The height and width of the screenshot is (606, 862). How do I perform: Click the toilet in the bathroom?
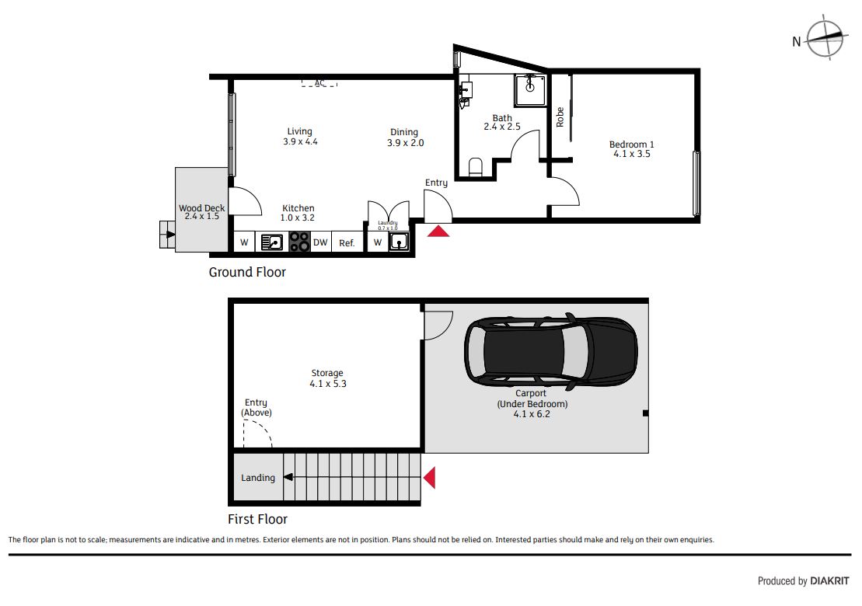475,167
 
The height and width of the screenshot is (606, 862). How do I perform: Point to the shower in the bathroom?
530,90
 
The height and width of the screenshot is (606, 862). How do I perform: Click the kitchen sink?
271,242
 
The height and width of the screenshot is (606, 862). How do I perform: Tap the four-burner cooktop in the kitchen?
299,242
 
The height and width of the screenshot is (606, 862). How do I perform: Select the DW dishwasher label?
320,242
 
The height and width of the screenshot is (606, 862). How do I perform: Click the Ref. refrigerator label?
347,243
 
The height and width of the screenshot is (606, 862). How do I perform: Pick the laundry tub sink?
399,242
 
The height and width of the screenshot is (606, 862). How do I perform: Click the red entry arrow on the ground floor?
438,231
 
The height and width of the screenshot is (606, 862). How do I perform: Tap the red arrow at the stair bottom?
429,478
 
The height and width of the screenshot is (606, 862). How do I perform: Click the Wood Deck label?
202,208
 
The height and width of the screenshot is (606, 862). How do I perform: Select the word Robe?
560,117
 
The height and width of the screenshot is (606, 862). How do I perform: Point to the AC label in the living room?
319,83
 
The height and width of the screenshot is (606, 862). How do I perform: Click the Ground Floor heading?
247,272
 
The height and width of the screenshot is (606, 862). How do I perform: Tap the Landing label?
258,478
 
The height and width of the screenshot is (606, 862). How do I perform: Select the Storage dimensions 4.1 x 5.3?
328,384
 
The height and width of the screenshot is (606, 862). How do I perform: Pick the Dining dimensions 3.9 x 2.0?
406,143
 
